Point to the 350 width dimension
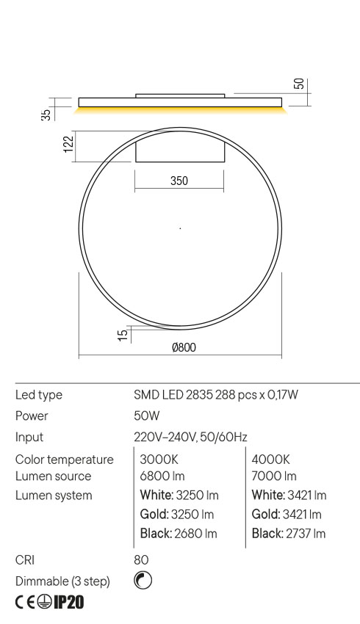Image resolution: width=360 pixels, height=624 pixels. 179,181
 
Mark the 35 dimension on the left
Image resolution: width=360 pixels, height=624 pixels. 46,114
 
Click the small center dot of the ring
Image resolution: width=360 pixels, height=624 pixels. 180,228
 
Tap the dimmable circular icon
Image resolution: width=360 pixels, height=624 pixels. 143,581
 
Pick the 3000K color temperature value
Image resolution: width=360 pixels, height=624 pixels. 159,460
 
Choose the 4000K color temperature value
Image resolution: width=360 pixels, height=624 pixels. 271,460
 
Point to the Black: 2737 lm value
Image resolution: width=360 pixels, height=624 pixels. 288,534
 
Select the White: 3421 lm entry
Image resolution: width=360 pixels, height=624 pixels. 289,496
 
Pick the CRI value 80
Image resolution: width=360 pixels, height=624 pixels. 141,560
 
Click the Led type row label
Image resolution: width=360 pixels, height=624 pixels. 38,395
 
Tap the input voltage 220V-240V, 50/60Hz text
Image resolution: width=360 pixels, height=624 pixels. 190,437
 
